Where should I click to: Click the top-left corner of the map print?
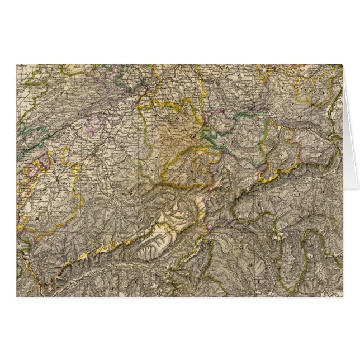pos(17,64)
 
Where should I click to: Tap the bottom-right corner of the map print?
pos(343,296)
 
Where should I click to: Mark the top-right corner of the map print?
pos(343,64)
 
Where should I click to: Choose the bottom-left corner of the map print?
pos(17,296)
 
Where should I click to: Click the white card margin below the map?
pos(179,327)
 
